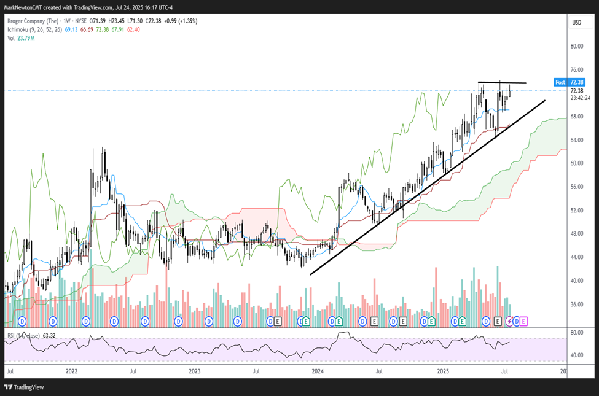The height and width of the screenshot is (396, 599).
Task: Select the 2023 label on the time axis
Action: pos(194,371)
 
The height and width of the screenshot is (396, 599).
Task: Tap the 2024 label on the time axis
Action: pos(318,371)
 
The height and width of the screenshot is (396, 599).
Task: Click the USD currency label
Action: pos(576,23)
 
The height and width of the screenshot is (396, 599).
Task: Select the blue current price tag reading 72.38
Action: pos(576,82)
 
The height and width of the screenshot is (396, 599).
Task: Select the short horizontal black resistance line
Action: pos(502,82)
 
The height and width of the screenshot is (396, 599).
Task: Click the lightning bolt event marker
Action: pos(508,321)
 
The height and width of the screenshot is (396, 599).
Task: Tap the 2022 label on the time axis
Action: pos(71,371)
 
